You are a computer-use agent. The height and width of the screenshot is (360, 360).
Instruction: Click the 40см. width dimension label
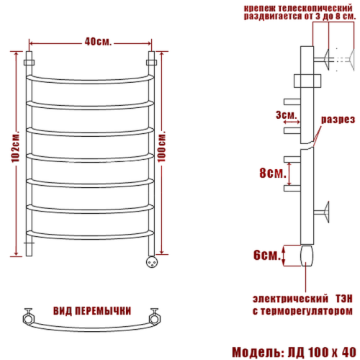[x=98, y=42]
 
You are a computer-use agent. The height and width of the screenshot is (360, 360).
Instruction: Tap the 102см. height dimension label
[x=16, y=147]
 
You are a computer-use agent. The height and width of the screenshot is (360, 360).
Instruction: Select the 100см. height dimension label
[x=162, y=146]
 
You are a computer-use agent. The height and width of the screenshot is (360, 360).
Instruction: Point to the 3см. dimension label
[x=286, y=115]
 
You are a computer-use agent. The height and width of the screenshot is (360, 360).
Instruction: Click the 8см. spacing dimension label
[x=273, y=173]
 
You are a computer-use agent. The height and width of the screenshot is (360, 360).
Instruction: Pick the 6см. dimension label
[x=267, y=255]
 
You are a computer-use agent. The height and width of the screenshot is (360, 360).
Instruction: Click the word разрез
[x=338, y=120]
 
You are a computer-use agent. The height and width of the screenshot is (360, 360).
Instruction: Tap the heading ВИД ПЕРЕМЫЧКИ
[x=92, y=311]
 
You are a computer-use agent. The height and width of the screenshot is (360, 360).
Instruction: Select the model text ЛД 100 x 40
[x=322, y=352]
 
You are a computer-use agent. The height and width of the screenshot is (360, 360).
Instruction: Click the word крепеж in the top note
[x=259, y=8]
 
